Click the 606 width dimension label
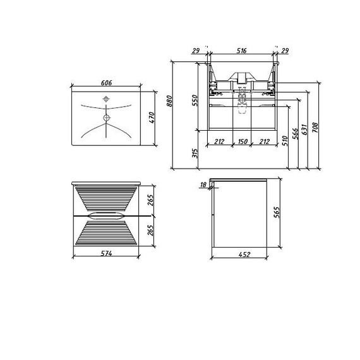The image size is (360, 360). [106, 83]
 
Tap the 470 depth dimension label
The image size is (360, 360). [152, 117]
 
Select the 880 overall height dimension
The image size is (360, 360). [169, 101]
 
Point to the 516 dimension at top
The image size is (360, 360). [241, 51]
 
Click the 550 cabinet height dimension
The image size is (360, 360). [195, 100]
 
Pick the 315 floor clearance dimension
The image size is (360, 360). [195, 153]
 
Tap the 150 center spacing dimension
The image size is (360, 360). [243, 141]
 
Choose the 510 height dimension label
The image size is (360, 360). [285, 141]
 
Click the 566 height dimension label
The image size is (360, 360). [295, 134]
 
